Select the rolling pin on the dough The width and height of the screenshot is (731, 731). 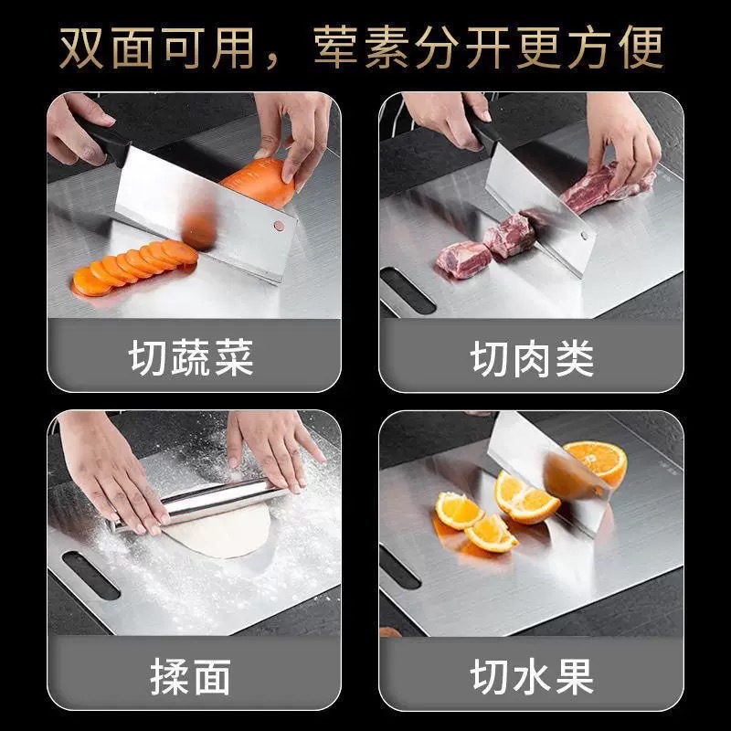click(196, 503)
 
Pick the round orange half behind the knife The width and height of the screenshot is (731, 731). click(596, 461)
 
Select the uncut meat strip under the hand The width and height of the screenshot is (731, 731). click(603, 187)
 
